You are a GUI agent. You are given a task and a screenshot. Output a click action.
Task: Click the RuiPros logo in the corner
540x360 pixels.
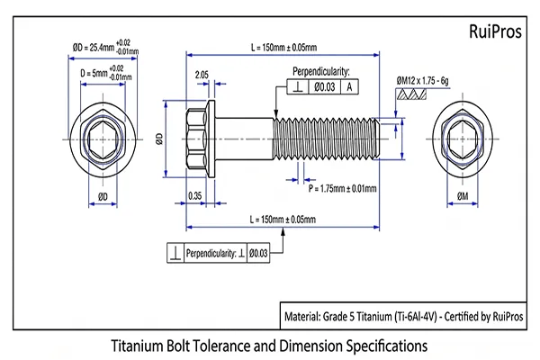click(495, 31)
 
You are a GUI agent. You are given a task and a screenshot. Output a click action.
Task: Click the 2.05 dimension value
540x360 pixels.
click(202, 75)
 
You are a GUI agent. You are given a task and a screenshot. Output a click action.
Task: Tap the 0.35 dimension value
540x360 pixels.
click(195, 196)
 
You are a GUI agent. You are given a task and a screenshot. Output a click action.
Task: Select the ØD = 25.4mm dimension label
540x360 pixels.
click(93, 47)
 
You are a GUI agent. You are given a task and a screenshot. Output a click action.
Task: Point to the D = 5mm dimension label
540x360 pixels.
click(94, 74)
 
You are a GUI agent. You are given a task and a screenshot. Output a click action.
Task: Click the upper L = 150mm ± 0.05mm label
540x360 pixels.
click(283, 47)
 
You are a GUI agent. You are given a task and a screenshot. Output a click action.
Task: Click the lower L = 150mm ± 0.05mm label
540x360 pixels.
click(283, 220)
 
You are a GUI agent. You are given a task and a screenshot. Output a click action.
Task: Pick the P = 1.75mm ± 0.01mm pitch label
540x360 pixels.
click(342, 189)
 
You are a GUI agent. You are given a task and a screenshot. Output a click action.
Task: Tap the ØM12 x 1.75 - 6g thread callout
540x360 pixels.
click(423, 81)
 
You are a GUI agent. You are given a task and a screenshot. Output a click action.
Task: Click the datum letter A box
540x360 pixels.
click(349, 86)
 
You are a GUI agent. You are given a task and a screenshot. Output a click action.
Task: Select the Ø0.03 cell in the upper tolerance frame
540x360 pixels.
click(324, 86)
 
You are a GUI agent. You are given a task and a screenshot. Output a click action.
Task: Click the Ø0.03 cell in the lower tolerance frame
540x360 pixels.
click(258, 253)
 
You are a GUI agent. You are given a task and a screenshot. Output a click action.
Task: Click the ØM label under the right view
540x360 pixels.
click(463, 196)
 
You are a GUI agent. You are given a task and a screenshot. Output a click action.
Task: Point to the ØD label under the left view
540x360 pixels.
click(103, 197)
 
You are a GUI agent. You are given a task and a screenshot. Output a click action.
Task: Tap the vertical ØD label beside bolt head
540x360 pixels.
click(159, 139)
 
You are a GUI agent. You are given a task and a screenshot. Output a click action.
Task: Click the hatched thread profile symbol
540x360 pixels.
click(411, 94)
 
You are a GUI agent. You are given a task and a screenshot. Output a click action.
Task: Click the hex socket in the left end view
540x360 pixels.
click(103, 139)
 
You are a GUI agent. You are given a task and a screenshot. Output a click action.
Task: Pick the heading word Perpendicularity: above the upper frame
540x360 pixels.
click(321, 72)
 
